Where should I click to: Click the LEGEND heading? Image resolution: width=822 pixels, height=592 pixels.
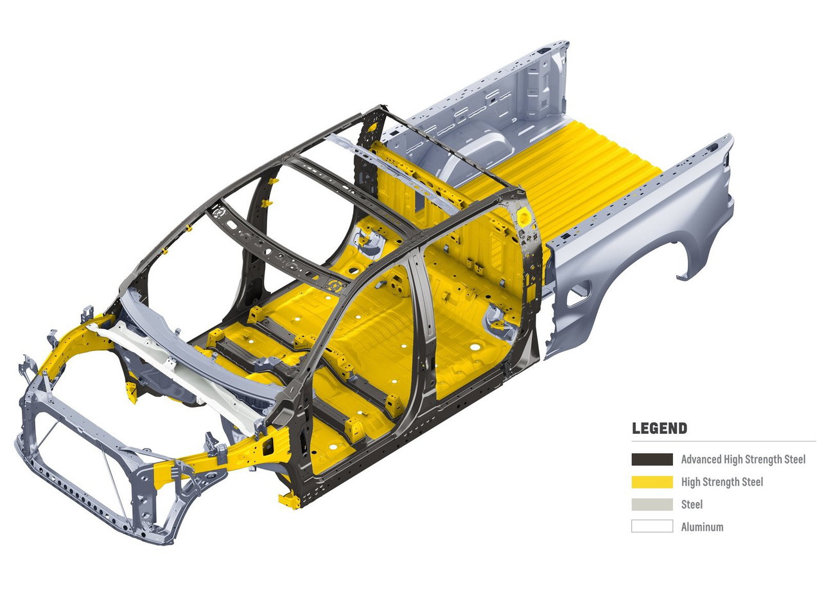click(x=659, y=429)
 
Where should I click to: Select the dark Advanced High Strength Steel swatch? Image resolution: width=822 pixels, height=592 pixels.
click(x=652, y=460)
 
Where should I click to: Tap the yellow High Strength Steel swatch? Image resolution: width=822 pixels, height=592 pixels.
click(x=652, y=482)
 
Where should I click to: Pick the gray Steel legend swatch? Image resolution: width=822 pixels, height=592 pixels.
click(x=652, y=504)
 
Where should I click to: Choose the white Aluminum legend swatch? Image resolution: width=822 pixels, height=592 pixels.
click(x=652, y=526)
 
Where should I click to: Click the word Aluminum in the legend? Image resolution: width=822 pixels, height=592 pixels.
click(x=703, y=527)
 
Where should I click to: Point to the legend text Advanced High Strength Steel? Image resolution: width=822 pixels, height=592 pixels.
click(x=744, y=460)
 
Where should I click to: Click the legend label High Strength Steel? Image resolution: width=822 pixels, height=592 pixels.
click(x=722, y=482)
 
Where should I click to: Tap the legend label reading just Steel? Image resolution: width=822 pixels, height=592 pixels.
click(x=692, y=504)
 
